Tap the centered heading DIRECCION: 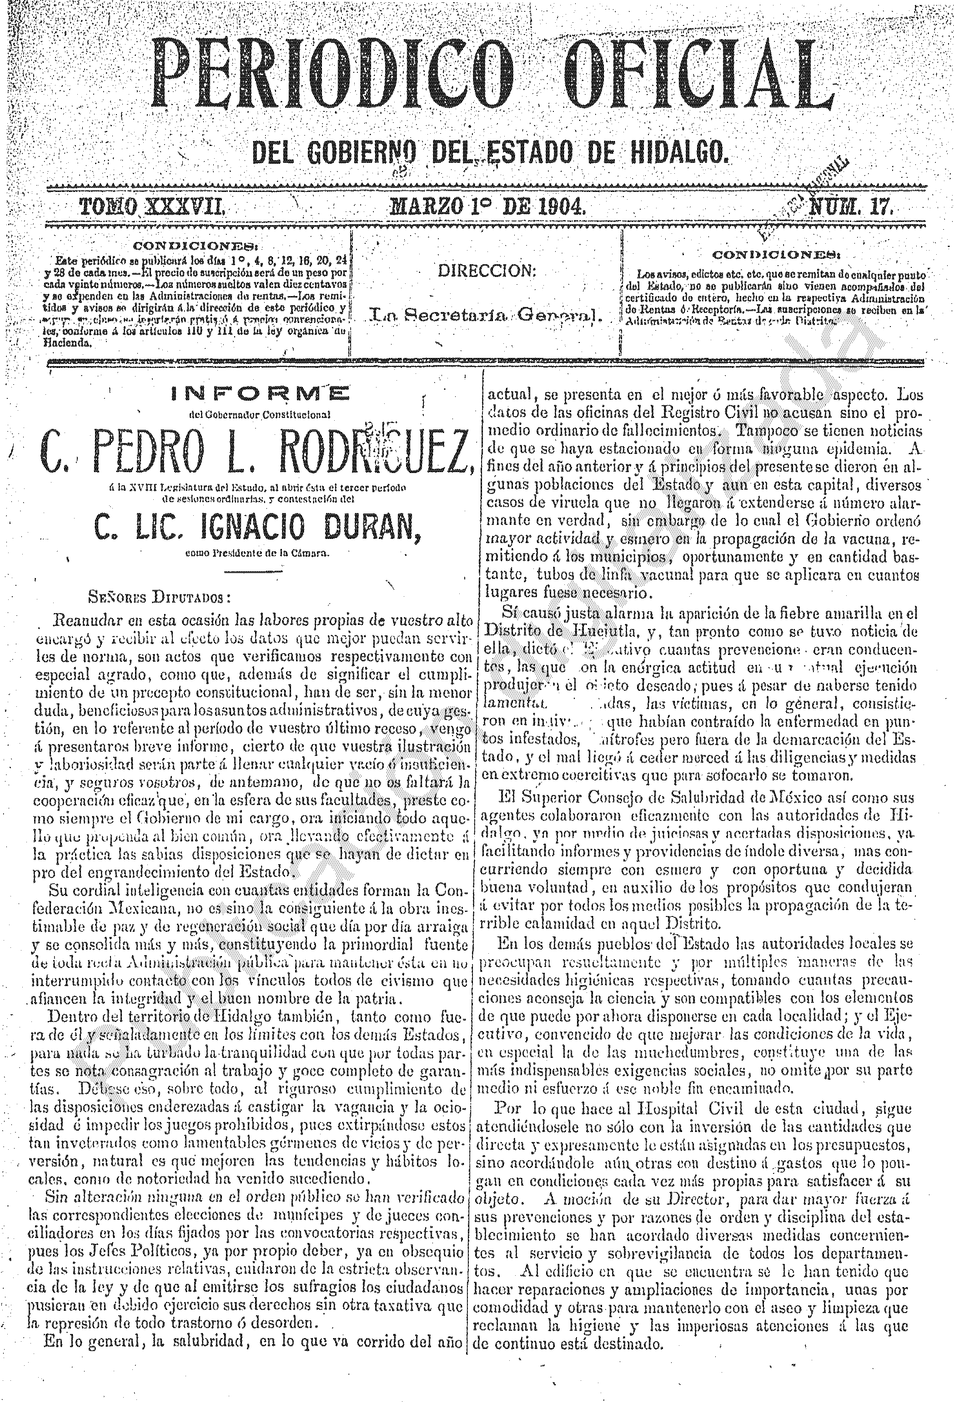(x=487, y=271)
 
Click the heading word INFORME (x=260, y=395)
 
